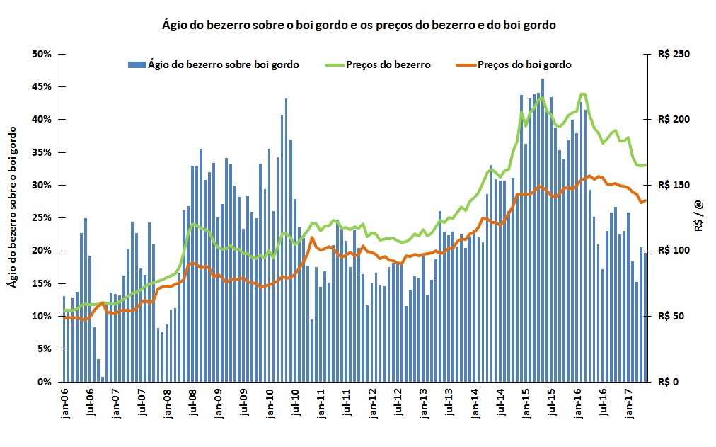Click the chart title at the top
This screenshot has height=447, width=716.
pos(359,25)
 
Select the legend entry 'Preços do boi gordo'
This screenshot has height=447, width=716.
pos(524,64)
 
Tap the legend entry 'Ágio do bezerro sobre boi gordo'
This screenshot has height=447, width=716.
pos(223,64)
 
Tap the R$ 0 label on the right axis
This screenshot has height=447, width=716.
pos(669,382)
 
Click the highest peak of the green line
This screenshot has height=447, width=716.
pos(583,94)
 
